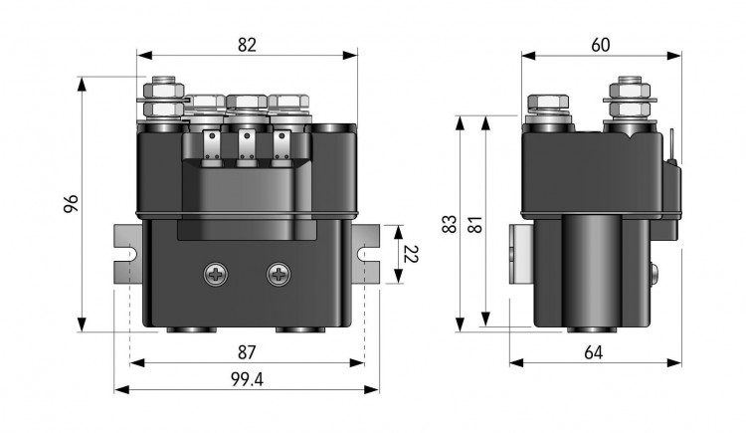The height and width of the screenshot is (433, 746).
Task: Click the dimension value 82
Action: coord(247,45)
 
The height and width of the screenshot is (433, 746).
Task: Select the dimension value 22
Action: coord(410,255)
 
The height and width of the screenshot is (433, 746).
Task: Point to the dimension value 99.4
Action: coord(246,379)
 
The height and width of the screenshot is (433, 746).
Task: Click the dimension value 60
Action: coord(600,45)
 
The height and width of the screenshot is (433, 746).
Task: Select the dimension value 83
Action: coord(449,224)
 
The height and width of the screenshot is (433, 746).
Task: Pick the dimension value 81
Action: coord(474,224)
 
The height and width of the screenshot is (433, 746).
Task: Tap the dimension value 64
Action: coord(594,352)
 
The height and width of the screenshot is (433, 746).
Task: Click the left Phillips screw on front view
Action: coord(216,274)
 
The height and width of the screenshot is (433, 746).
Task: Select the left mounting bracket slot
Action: coord(126,255)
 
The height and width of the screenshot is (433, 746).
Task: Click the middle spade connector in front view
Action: coord(246,147)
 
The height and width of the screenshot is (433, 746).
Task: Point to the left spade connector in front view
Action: coord(211,147)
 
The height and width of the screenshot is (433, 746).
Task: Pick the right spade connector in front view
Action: coord(280,147)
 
